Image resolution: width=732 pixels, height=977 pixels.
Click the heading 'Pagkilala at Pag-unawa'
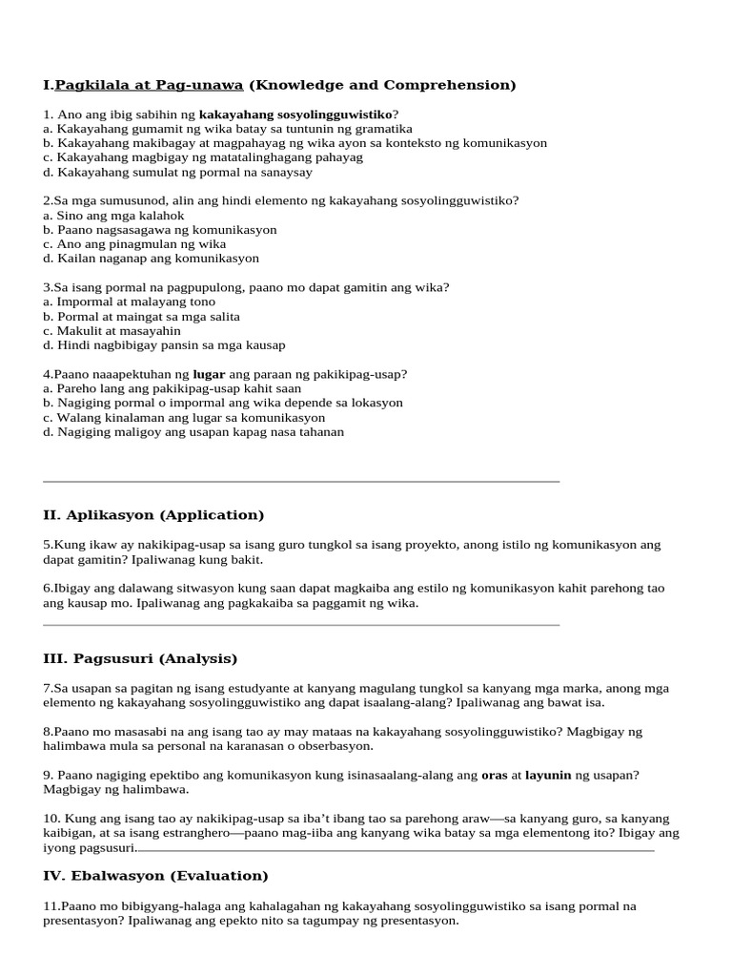150,85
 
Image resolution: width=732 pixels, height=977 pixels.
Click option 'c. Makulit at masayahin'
112,331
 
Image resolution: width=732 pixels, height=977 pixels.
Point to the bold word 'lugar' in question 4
210,374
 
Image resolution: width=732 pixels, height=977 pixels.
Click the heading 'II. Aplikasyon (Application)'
153,515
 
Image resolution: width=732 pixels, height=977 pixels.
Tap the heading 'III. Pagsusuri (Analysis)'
140,658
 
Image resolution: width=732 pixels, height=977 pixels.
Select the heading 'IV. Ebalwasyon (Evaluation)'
155,875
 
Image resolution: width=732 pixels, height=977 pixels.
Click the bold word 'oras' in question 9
495,776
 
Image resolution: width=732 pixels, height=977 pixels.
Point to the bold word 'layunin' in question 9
548,776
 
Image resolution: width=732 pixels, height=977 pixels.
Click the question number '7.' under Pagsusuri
48,688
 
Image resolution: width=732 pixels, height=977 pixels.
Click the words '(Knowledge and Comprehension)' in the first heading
382,85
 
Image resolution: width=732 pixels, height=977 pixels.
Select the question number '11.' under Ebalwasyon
51,905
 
